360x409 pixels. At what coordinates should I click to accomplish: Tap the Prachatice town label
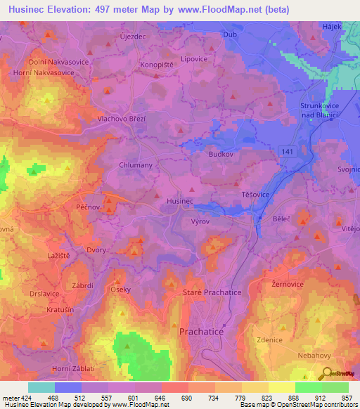[202, 330]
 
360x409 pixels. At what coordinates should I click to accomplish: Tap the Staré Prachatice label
[212, 292]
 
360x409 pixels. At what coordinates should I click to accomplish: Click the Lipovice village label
[194, 60]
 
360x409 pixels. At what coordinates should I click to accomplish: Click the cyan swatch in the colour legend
[41, 387]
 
